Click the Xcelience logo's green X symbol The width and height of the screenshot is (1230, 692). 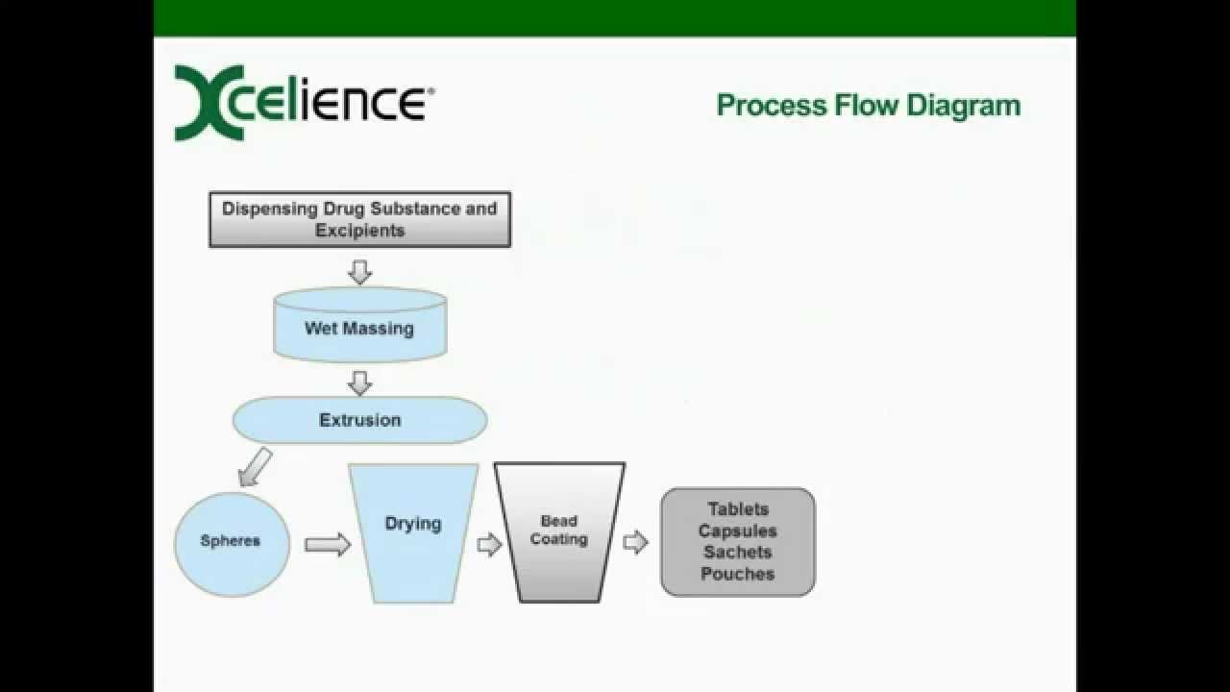coord(209,103)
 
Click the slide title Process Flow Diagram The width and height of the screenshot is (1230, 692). coord(869,106)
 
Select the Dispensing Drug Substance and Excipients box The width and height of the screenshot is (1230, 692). coord(359,220)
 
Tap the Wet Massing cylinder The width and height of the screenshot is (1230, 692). coord(360,325)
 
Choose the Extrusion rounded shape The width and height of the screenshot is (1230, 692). coord(360,420)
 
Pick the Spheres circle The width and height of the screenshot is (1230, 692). coord(232,544)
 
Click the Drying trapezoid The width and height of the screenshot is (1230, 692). coord(413,533)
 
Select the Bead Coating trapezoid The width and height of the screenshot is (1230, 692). coord(559,532)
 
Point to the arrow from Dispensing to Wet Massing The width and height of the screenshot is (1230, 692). coord(360,272)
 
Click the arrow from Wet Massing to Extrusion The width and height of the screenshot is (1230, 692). coord(360,383)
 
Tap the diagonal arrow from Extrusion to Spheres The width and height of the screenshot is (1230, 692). coord(256,467)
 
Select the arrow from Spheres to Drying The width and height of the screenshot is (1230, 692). coord(328,545)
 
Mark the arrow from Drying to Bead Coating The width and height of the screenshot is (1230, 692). coord(489,545)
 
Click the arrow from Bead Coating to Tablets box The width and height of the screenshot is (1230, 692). coord(636,543)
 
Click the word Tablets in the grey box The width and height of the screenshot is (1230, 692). coord(738,509)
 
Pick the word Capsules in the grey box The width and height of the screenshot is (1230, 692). coord(738,531)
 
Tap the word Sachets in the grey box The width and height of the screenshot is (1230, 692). coord(738,552)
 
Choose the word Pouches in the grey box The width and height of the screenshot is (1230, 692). coord(738,574)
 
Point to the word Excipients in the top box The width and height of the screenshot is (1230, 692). coord(360,231)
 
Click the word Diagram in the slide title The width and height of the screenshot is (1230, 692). coord(964,107)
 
